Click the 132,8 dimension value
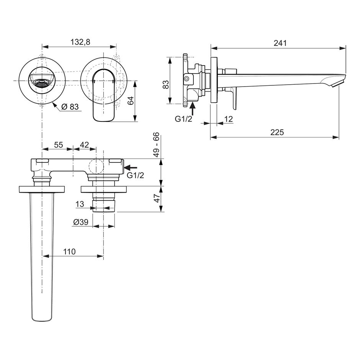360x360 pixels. [x=80, y=42]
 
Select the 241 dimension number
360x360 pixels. [x=280, y=43]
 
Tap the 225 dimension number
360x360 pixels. [x=277, y=132]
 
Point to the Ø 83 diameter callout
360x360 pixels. [x=70, y=106]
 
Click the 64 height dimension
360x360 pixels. [x=131, y=101]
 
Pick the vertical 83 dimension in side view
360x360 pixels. [x=165, y=84]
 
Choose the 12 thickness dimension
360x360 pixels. [x=228, y=119]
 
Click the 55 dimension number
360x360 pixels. [x=59, y=145]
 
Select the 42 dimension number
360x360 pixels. [x=84, y=145]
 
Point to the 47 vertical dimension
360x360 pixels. [x=157, y=198]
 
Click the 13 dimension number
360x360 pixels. [x=80, y=204]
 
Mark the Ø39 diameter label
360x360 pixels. [x=81, y=222]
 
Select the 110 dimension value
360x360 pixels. [x=69, y=252]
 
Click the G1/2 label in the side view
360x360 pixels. [x=183, y=119]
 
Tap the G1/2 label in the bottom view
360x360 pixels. [x=136, y=175]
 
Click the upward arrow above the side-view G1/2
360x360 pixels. [x=193, y=109]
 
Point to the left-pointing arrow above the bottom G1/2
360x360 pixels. [x=131, y=168]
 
